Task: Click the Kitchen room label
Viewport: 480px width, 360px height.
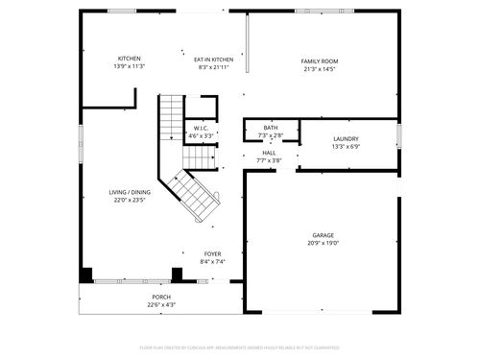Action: tap(129, 58)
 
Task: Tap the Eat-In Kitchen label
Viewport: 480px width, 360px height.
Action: tap(214, 58)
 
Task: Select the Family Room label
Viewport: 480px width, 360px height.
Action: tap(320, 61)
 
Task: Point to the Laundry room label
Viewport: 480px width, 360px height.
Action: tap(346, 139)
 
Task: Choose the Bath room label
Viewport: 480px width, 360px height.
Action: tap(271, 128)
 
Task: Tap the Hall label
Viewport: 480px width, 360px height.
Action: tap(271, 153)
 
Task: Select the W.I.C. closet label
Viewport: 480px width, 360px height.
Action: tap(202, 128)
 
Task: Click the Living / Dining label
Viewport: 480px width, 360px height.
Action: tap(129, 192)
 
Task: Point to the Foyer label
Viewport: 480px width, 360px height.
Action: tap(212, 253)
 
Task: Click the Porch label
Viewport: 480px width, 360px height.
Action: tap(161, 298)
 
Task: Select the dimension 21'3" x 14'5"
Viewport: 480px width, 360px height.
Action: tap(320, 69)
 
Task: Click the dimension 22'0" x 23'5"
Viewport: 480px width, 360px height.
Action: tap(129, 200)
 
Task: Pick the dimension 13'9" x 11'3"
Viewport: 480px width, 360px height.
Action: tap(129, 65)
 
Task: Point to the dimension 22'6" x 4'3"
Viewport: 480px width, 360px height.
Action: tap(161, 304)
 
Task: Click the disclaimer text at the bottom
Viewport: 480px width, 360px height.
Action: tap(240, 347)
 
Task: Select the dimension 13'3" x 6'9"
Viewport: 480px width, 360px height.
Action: tap(346, 147)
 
